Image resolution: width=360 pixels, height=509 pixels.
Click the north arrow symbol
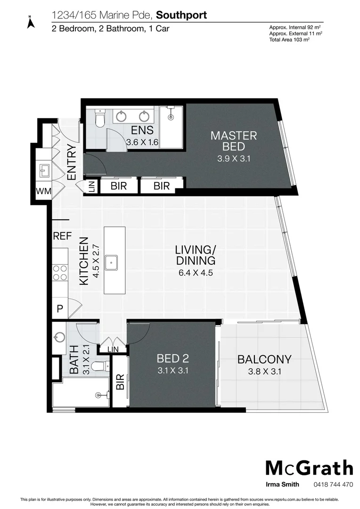click(31, 22)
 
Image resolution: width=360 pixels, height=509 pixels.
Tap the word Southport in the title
click(181, 15)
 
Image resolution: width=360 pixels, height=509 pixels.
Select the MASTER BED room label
click(233, 141)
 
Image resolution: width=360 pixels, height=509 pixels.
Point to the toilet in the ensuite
click(99, 119)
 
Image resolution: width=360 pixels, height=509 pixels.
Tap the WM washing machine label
click(44, 191)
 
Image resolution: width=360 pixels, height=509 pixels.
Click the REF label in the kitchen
click(62, 236)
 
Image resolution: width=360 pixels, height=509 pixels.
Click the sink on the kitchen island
click(111, 262)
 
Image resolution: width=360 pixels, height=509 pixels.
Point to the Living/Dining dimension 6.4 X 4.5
click(196, 272)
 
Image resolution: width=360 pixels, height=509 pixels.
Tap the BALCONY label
click(264, 359)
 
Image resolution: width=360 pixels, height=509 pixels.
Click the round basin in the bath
click(59, 337)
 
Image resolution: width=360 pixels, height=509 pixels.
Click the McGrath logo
click(309, 468)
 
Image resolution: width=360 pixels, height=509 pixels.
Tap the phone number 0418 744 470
click(333, 484)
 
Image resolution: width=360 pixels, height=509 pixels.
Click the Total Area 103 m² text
click(289, 40)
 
